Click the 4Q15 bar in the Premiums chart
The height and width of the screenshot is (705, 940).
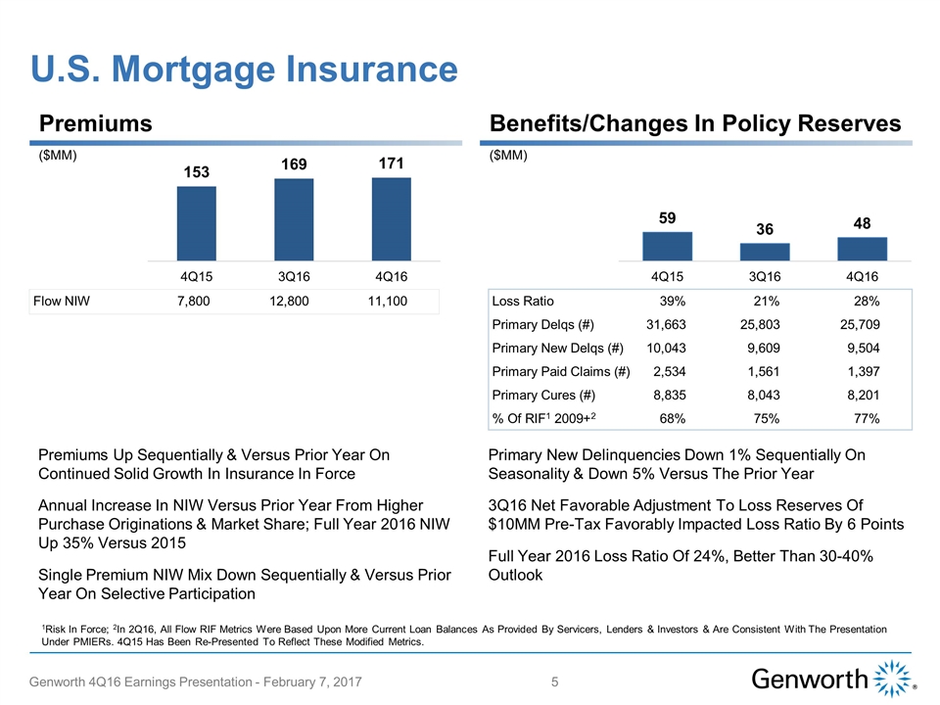[196, 223]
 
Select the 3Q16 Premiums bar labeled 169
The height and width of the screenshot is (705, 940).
[294, 219]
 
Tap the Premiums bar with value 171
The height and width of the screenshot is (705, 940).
[392, 218]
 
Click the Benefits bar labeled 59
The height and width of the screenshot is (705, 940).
[667, 246]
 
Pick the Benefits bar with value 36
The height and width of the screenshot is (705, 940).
[765, 252]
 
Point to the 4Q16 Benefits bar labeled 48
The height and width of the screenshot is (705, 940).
[863, 249]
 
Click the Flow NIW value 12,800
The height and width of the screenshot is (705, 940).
[289, 301]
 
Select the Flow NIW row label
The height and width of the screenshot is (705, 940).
[62, 301]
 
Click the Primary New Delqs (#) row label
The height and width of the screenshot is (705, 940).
[558, 349]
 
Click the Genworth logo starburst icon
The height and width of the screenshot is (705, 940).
[891, 679]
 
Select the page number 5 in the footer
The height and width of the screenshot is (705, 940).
[555, 681]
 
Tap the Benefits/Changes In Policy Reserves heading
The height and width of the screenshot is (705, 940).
[694, 123]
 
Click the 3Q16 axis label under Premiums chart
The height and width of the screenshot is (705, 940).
[294, 274]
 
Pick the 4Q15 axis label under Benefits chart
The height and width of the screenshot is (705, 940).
[667, 274]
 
